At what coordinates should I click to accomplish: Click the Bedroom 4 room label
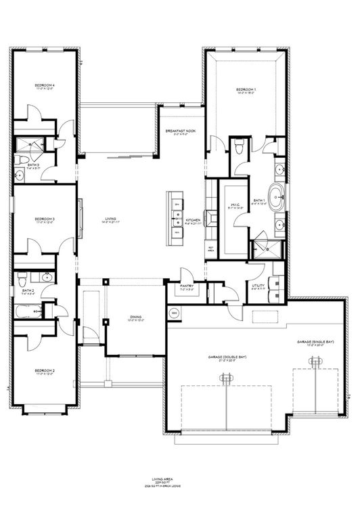click(45, 86)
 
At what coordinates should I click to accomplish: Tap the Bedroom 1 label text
click(246, 90)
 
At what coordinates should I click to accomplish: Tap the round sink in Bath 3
click(20, 176)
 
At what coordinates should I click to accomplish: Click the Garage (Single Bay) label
click(316, 343)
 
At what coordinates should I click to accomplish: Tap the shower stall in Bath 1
click(265, 249)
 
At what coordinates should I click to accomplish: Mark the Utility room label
click(258, 286)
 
